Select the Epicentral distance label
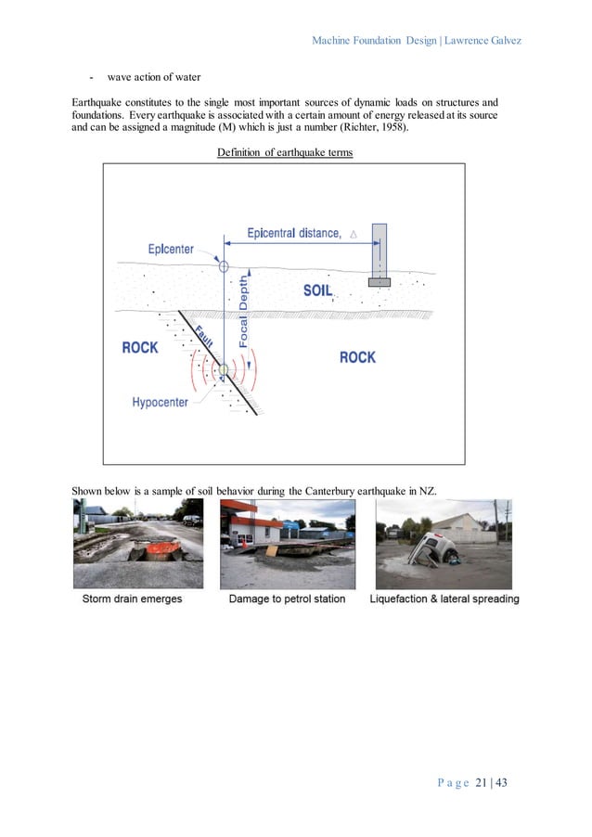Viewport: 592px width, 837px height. [294, 233]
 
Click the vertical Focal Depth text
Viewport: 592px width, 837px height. [244, 312]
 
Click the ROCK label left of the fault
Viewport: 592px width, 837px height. [140, 348]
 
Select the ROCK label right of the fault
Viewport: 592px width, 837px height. [357, 356]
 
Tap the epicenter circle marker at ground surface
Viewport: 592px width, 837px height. [223, 266]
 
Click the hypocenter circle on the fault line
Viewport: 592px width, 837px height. [223, 370]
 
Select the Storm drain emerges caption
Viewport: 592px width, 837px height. [132, 599]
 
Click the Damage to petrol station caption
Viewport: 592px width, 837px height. [287, 599]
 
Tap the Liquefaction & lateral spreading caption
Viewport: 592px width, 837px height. [444, 599]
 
